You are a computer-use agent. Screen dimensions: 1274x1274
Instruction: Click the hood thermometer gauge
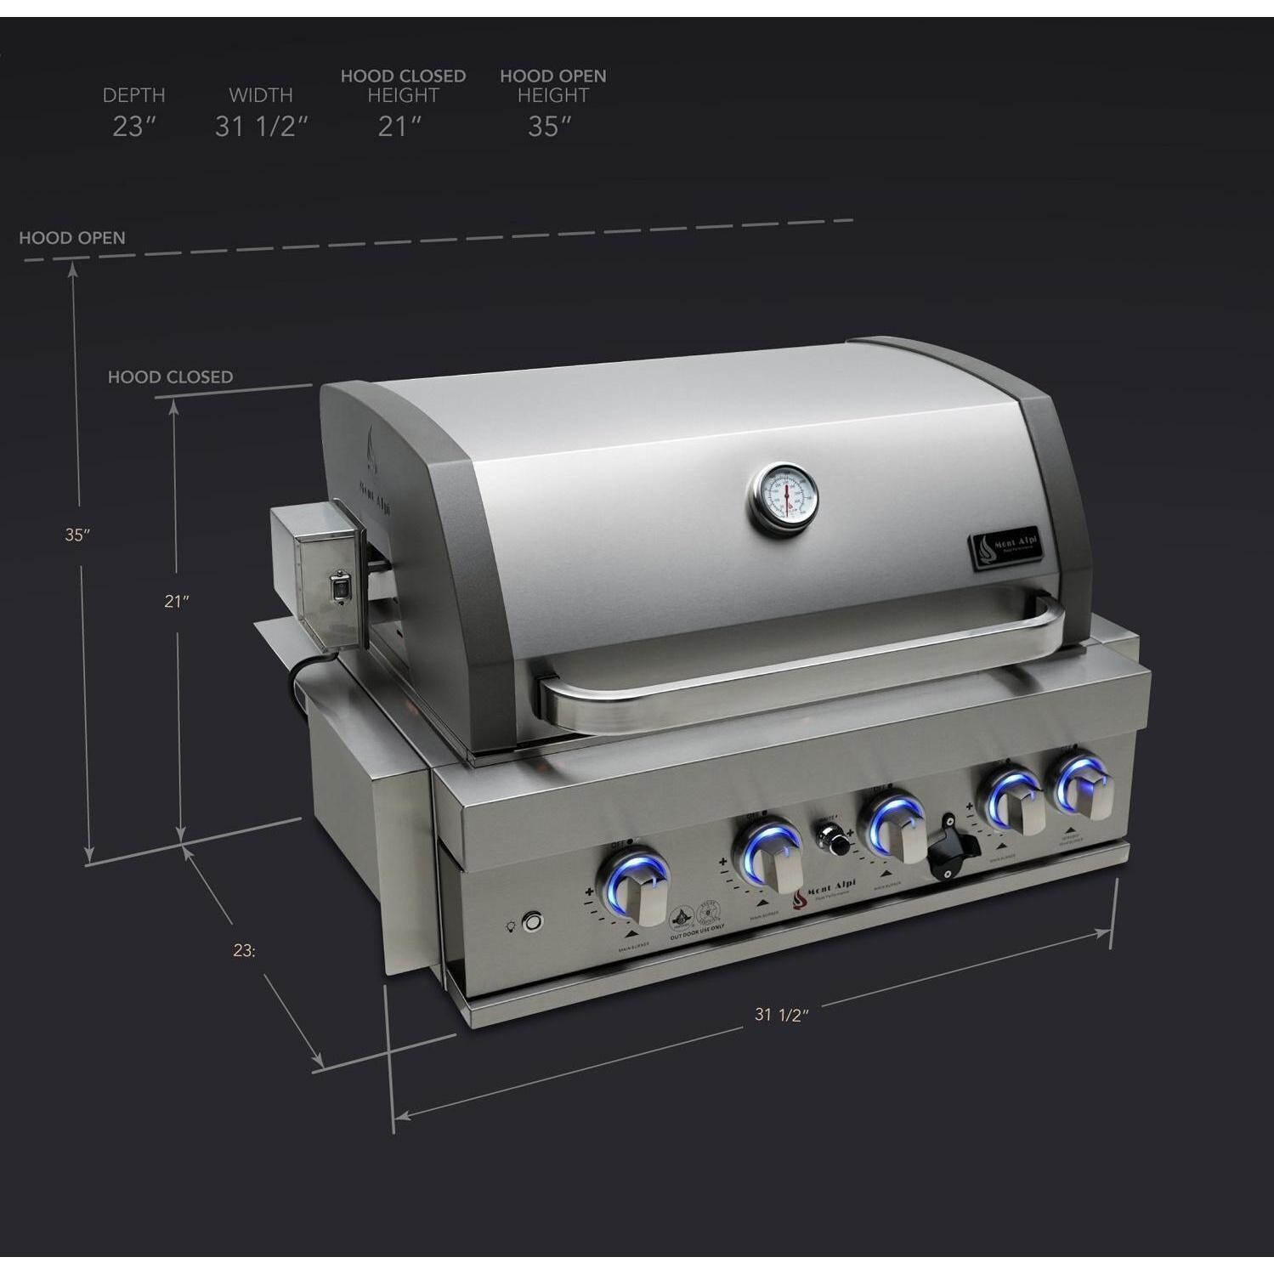tap(784, 500)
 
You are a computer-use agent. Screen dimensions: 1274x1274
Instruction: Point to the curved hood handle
tap(799, 671)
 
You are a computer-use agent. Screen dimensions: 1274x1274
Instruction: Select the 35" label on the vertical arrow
tap(77, 535)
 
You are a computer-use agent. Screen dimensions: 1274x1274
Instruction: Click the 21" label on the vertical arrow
tap(176, 601)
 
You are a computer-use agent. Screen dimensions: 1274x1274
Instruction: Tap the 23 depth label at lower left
tap(244, 951)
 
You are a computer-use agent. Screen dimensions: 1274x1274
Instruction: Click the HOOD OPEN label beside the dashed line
tap(72, 238)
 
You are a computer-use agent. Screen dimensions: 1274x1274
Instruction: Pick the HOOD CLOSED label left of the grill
tap(170, 377)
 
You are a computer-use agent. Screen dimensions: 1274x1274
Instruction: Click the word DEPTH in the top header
tap(133, 95)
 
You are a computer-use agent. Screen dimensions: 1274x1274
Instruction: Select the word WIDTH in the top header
tap(260, 95)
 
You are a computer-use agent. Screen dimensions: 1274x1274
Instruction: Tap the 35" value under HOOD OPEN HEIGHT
tap(550, 127)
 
